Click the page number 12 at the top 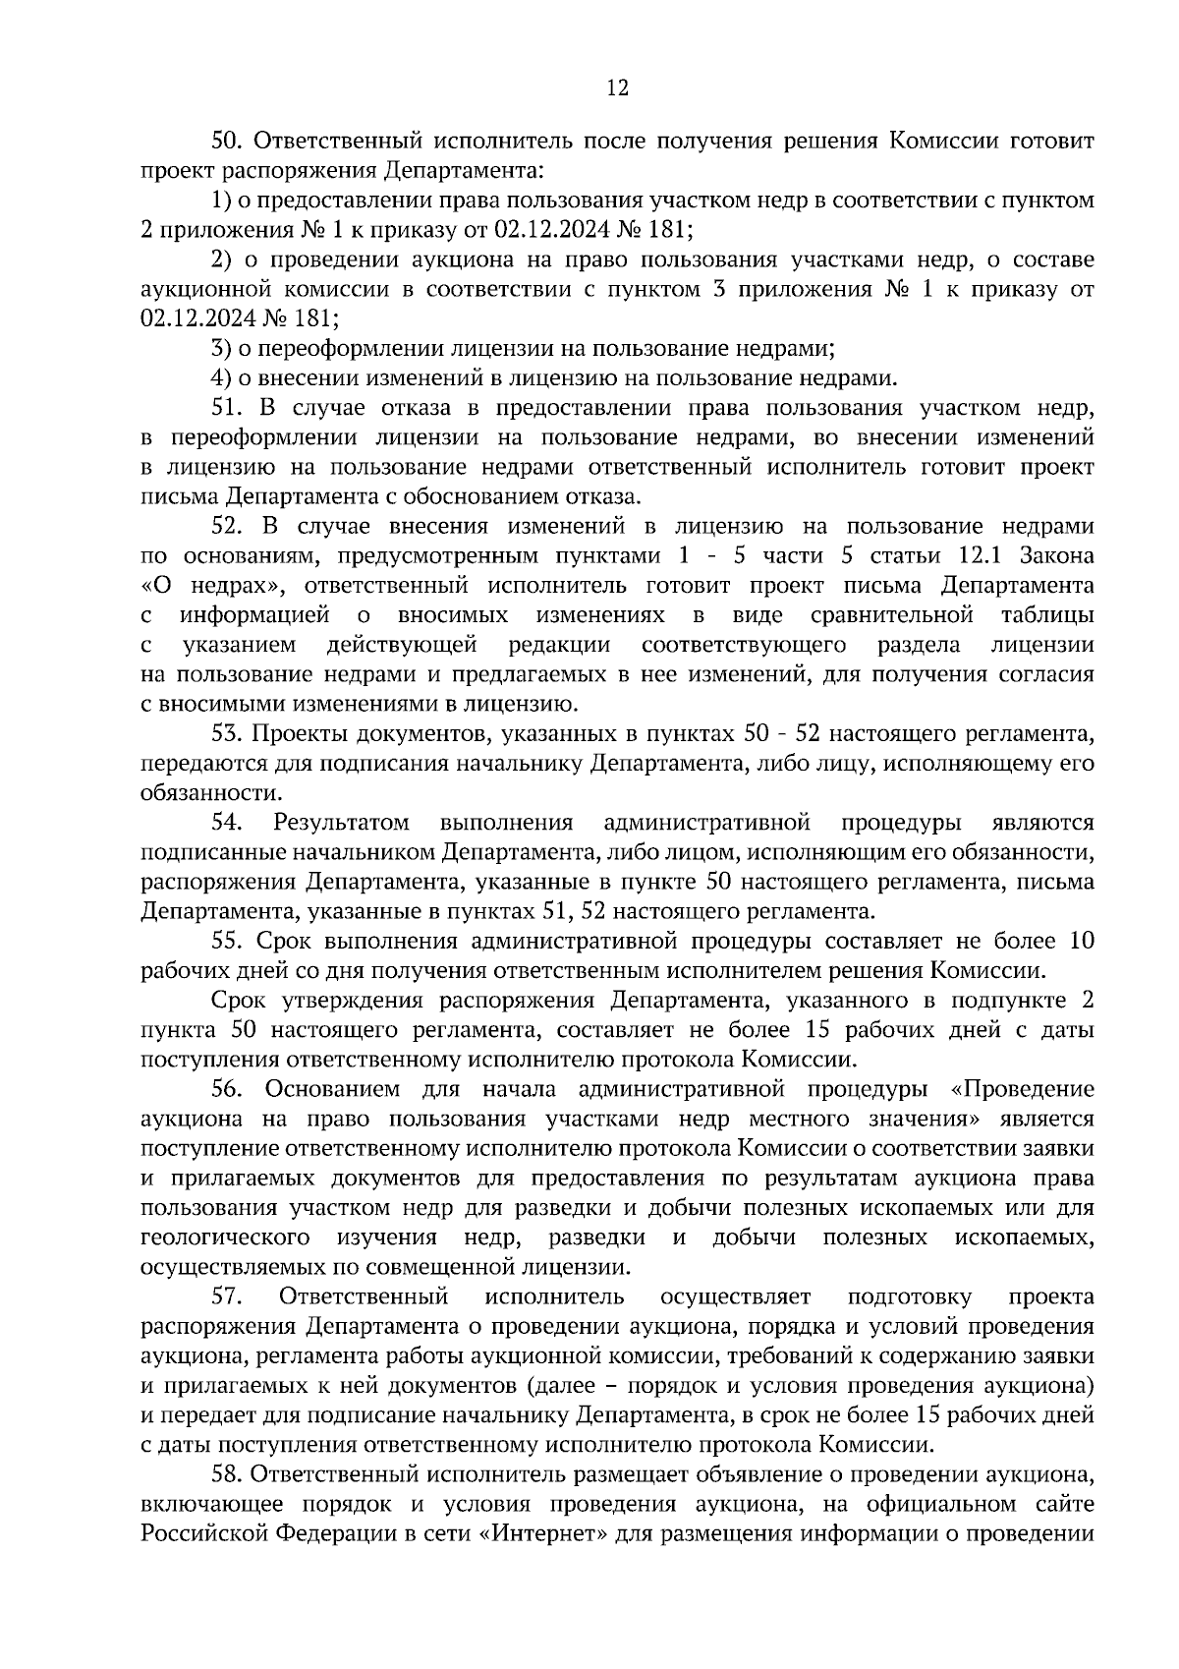pos(617,88)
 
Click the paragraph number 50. pos(227,142)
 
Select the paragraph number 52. pos(227,526)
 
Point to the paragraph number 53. pos(227,733)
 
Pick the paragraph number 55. pos(227,941)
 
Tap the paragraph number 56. pos(227,1089)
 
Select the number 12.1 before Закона pos(982,555)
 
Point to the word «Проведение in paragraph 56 pos(1023,1089)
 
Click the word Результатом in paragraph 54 pos(341,822)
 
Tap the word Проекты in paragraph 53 pos(294,733)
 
